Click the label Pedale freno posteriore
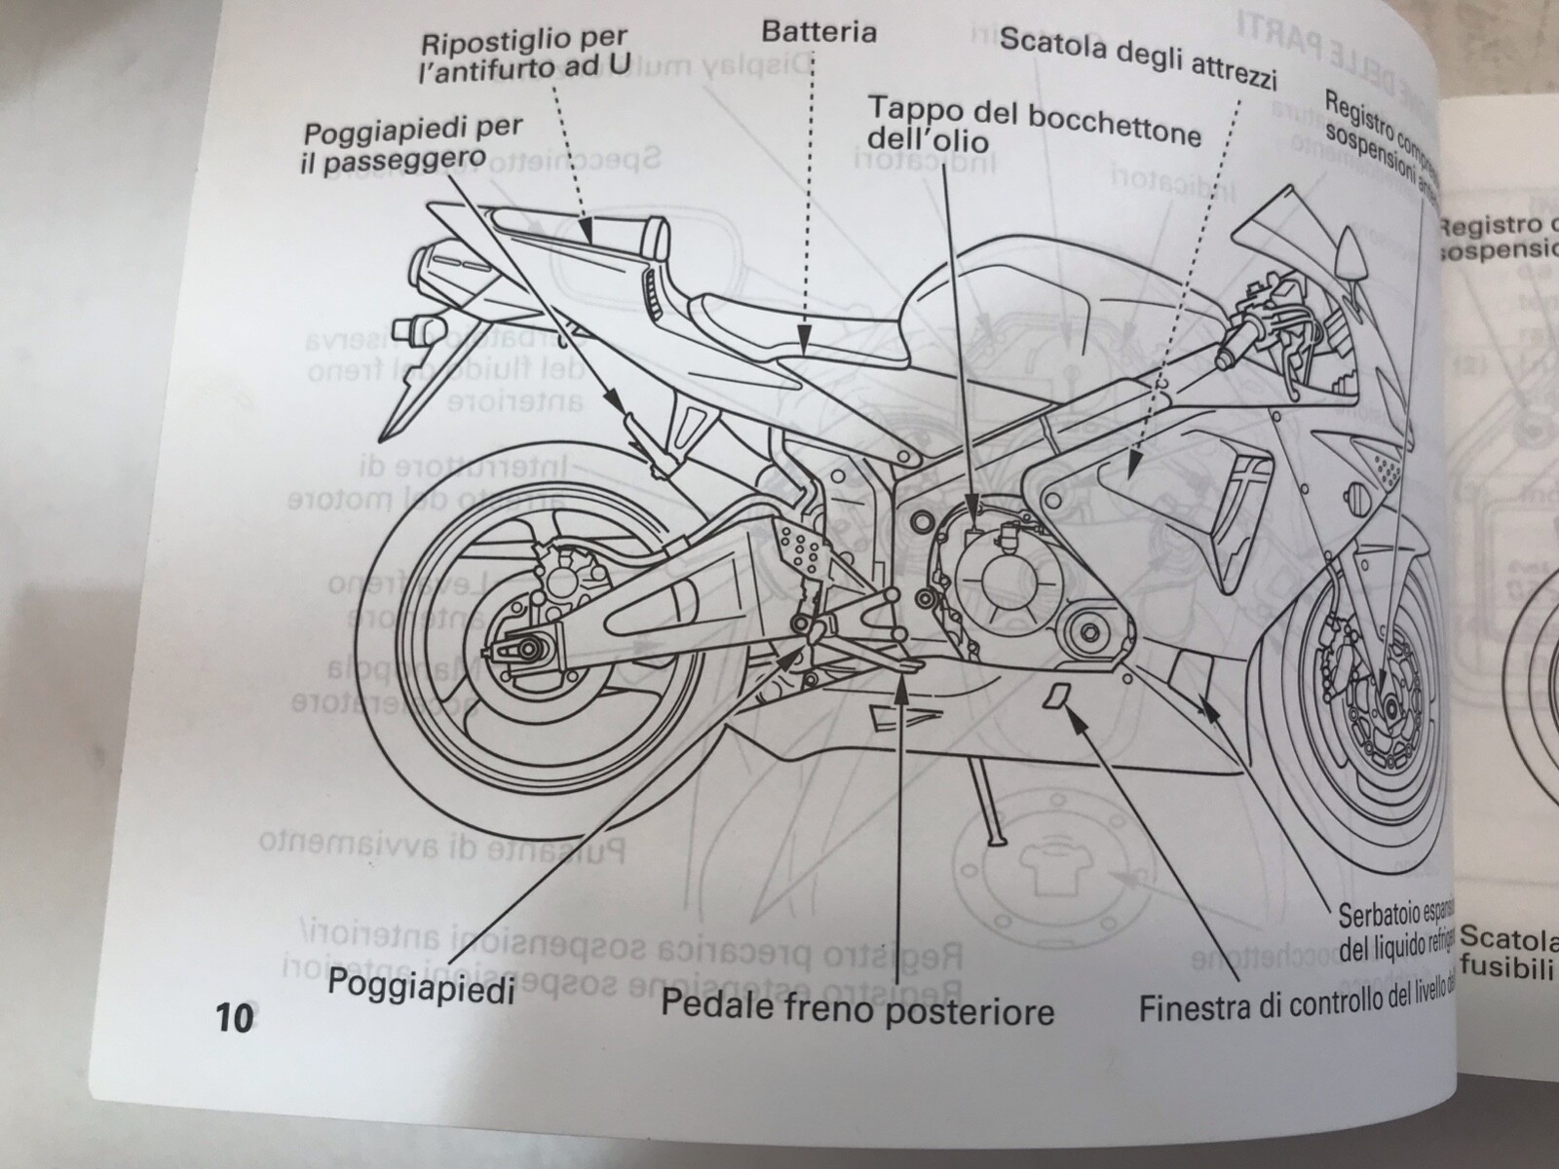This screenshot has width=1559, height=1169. point(857,1007)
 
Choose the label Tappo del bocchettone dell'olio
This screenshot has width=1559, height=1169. point(1033,125)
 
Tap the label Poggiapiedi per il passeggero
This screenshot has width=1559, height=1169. point(411,144)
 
